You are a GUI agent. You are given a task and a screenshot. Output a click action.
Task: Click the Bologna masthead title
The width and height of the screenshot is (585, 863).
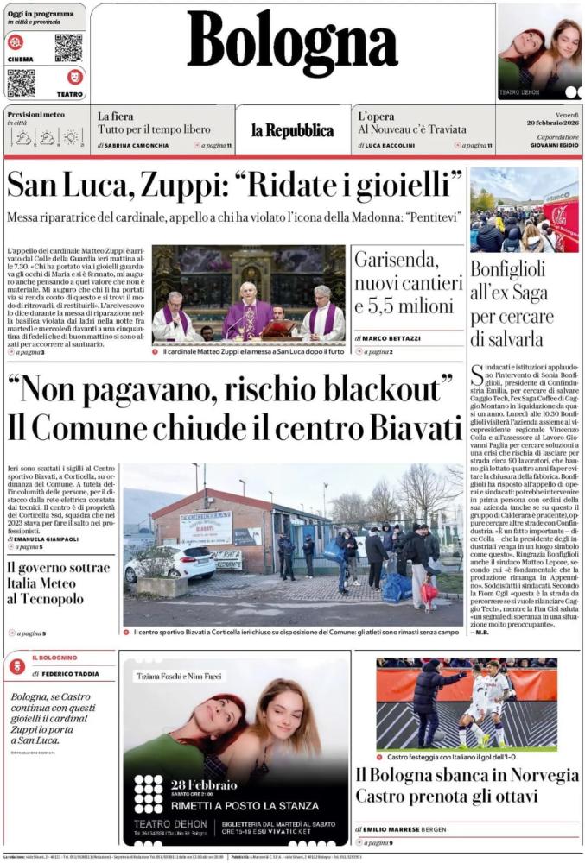point(292,44)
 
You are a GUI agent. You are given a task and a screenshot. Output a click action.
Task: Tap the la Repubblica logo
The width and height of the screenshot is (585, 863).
point(292,130)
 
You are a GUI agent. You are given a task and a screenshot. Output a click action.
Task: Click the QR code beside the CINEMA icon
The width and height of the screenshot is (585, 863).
point(68,47)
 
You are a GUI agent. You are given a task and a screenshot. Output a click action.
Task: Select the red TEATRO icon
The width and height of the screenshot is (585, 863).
point(74,77)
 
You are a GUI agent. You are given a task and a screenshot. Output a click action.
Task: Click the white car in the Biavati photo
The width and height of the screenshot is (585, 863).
point(169,563)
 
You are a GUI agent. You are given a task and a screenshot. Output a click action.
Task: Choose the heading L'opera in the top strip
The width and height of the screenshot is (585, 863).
point(377,116)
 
